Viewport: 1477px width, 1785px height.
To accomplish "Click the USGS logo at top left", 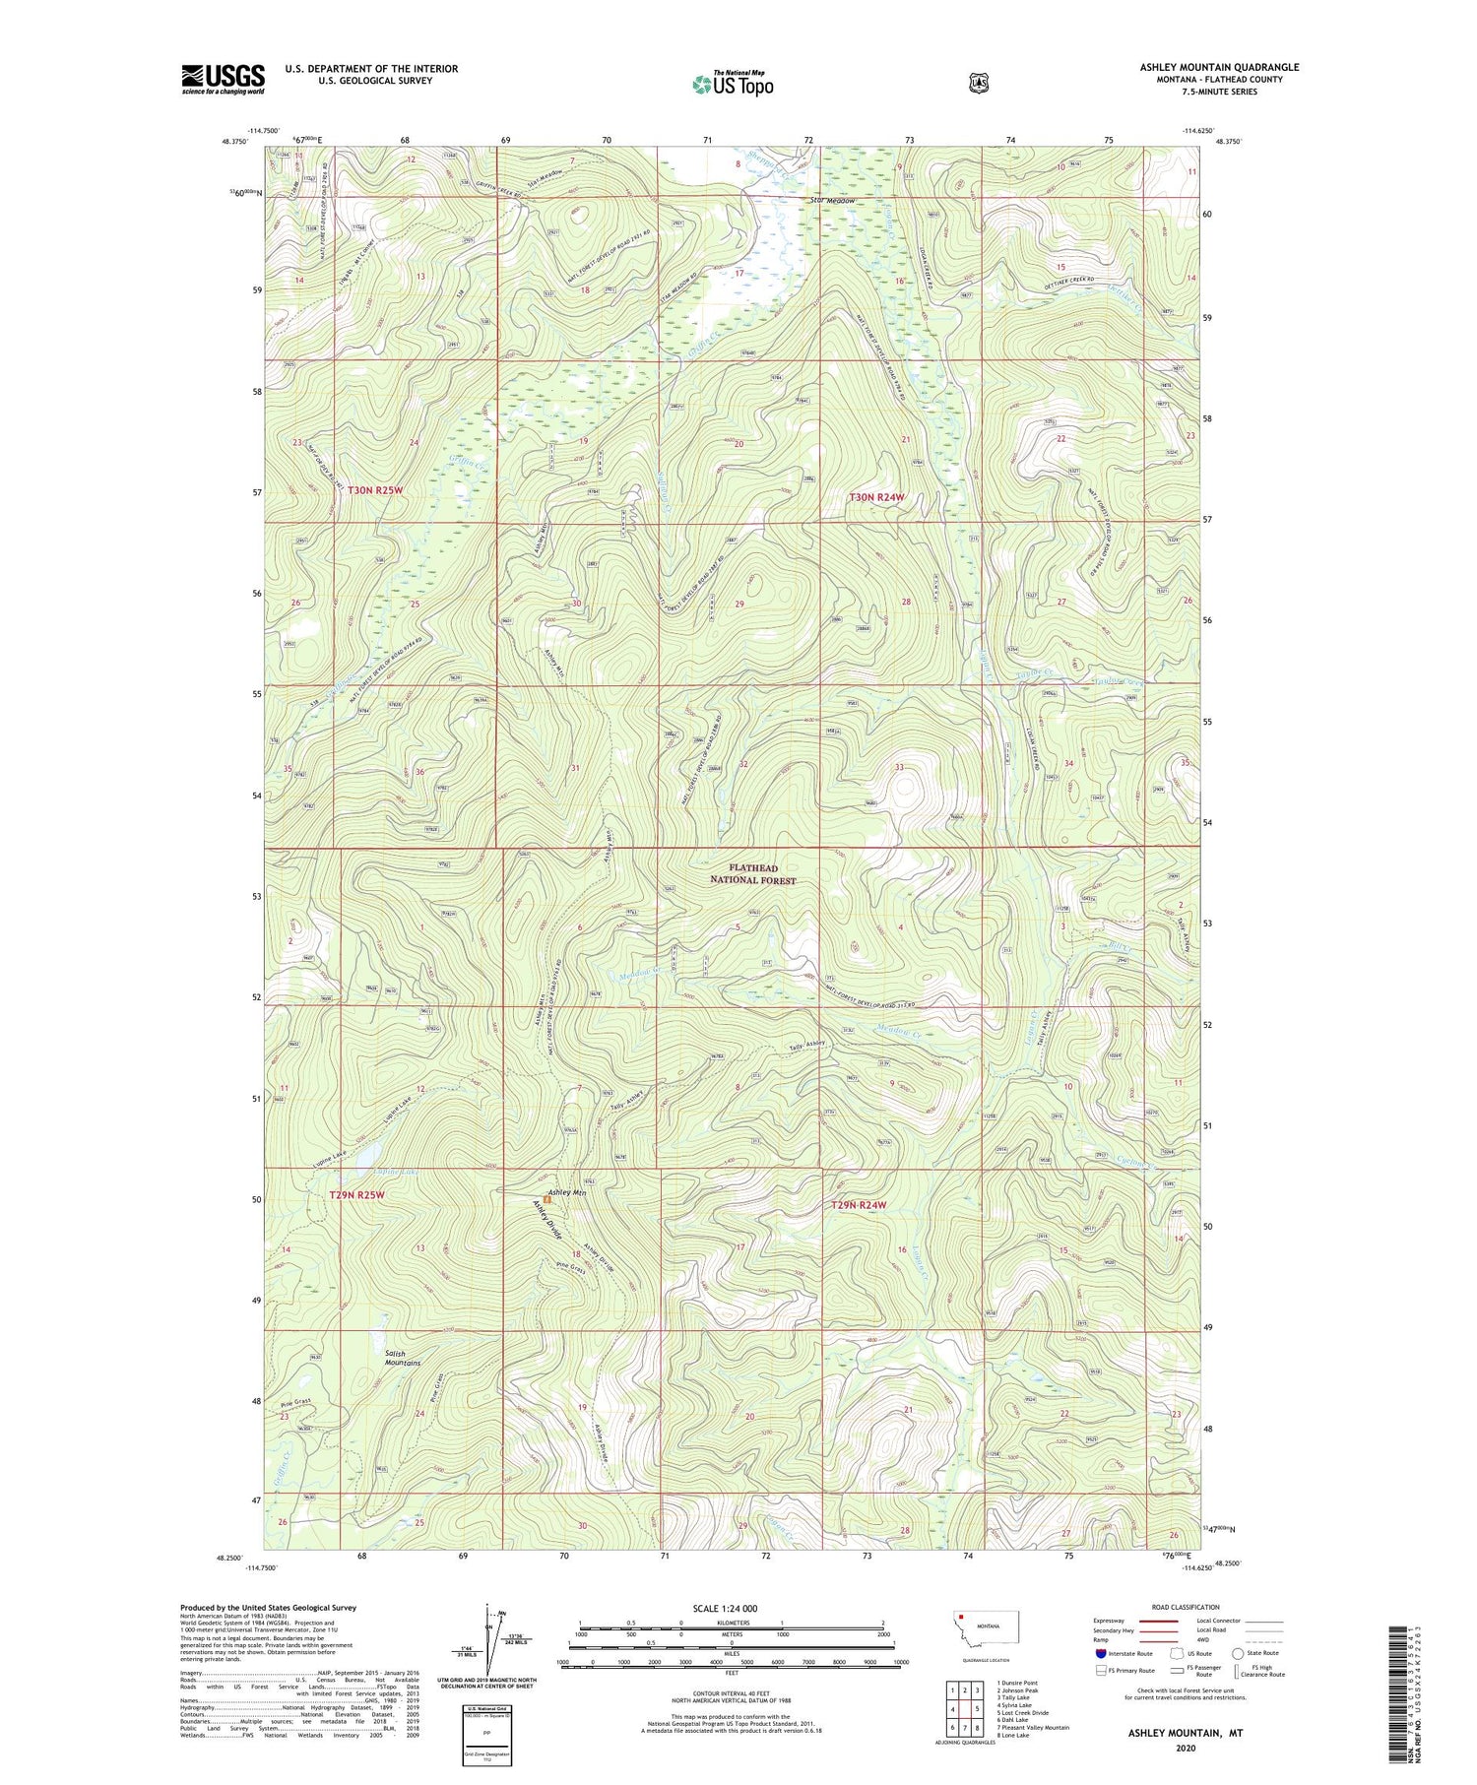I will [x=223, y=79].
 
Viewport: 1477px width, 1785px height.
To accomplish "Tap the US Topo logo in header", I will [x=733, y=84].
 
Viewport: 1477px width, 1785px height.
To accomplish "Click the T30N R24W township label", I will [x=876, y=497].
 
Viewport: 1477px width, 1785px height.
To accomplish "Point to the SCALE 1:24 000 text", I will [x=726, y=1608].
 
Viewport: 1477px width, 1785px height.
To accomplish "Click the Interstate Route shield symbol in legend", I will [x=1101, y=1653].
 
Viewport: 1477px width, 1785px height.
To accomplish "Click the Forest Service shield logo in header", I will [x=977, y=84].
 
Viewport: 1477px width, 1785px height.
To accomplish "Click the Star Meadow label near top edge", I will [x=833, y=201].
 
